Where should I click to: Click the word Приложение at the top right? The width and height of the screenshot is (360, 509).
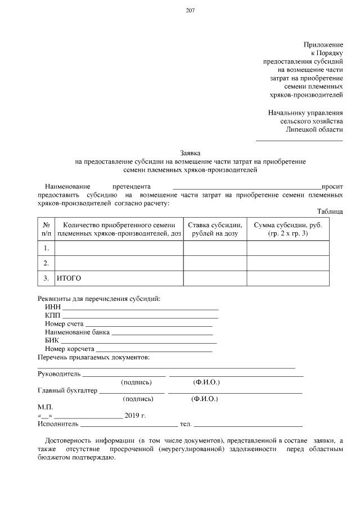(x=323, y=44)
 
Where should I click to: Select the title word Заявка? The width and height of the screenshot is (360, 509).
(x=190, y=152)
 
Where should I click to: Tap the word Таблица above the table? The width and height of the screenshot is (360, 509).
(x=330, y=211)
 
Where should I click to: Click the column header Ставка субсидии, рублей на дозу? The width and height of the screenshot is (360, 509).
(x=214, y=229)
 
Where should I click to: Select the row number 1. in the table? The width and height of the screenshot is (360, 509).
(x=46, y=247)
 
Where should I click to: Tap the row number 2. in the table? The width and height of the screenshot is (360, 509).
(x=46, y=263)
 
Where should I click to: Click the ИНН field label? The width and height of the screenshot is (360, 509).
(x=52, y=307)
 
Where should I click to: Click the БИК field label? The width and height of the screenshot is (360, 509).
(x=52, y=340)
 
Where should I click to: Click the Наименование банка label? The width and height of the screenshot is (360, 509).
(x=77, y=332)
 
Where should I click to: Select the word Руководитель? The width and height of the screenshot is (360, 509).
(x=59, y=373)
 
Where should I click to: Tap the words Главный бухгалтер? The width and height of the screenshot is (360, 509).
(x=67, y=390)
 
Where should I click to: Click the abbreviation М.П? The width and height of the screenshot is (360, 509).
(x=44, y=407)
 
